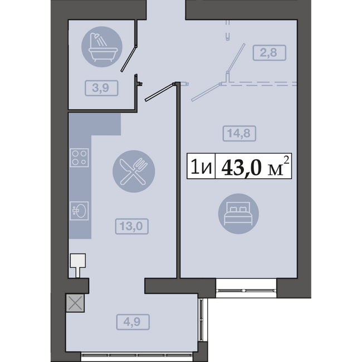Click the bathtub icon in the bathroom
[102, 47]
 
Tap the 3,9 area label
[101, 88]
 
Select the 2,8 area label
[269, 53]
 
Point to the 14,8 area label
[239, 134]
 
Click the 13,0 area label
[131, 226]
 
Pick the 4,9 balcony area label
[133, 322]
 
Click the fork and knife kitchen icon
[134, 172]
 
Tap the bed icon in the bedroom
[238, 214]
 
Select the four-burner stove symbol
[79, 158]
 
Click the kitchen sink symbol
[79, 211]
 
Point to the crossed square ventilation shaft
[75, 303]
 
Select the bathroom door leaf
[129, 58]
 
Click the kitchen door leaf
[159, 92]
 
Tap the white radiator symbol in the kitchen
[78, 265]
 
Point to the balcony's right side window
[201, 320]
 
